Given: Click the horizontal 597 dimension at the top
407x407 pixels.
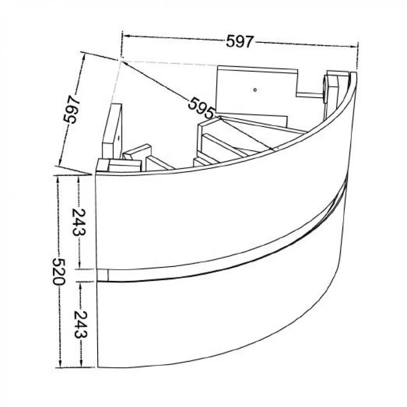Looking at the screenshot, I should tap(240, 41).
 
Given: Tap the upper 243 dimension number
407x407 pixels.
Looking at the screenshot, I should tap(78, 222).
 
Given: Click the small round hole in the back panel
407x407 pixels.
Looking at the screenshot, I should tap(254, 89).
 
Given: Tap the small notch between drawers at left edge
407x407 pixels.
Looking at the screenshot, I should tap(103, 275).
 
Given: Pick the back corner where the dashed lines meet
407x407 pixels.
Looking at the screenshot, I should tap(120, 61).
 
